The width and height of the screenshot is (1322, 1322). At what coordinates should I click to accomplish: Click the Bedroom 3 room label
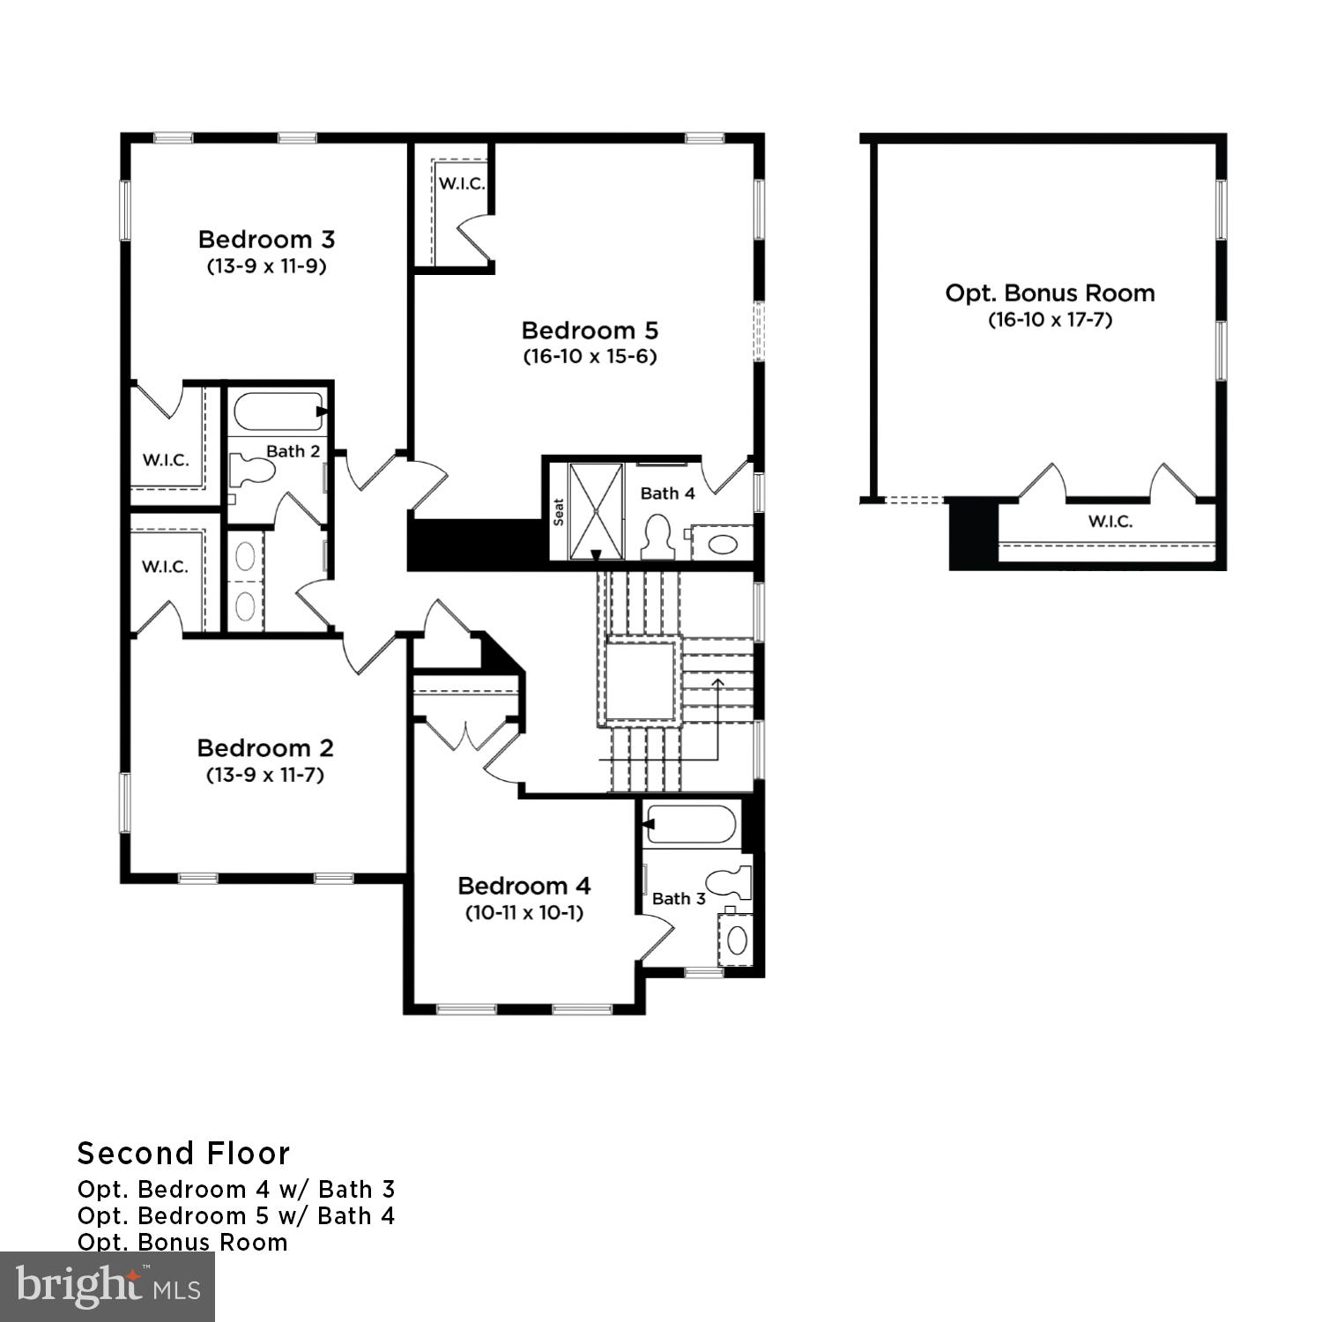pyautogui.click(x=266, y=239)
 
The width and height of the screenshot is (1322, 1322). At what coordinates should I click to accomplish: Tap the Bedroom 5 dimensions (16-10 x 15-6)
pyautogui.click(x=590, y=357)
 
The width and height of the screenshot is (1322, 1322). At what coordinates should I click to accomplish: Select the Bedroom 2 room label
pyautogui.click(x=265, y=748)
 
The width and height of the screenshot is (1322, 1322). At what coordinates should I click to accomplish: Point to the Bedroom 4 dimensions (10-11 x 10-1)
pyautogui.click(x=524, y=913)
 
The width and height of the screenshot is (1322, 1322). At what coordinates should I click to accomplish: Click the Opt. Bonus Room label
pyautogui.click(x=1050, y=293)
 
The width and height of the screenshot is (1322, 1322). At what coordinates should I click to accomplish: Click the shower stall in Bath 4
pyautogui.click(x=596, y=510)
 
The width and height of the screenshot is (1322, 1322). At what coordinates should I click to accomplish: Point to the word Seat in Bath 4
pyautogui.click(x=559, y=512)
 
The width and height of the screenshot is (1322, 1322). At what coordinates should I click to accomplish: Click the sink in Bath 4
pyautogui.click(x=722, y=543)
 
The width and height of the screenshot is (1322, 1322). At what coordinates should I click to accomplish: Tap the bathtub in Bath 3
pyautogui.click(x=691, y=824)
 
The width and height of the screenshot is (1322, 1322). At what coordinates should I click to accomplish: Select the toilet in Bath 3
pyautogui.click(x=732, y=882)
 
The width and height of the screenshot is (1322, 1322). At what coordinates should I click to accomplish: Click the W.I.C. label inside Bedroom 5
pyautogui.click(x=462, y=183)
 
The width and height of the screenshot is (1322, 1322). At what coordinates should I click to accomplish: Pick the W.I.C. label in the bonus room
pyautogui.click(x=1110, y=522)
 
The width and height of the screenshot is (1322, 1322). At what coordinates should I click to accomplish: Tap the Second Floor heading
pyautogui.click(x=183, y=1154)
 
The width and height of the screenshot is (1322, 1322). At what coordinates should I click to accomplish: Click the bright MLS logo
pyautogui.click(x=107, y=1287)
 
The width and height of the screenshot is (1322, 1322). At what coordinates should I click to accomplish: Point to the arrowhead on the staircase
pyautogui.click(x=718, y=681)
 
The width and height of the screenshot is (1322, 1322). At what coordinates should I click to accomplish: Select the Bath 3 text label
pyautogui.click(x=679, y=899)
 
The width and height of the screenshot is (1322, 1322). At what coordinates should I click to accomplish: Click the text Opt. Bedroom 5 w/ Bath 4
pyautogui.click(x=236, y=1216)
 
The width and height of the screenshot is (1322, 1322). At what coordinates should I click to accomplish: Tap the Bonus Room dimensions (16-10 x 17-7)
pyautogui.click(x=1050, y=320)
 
